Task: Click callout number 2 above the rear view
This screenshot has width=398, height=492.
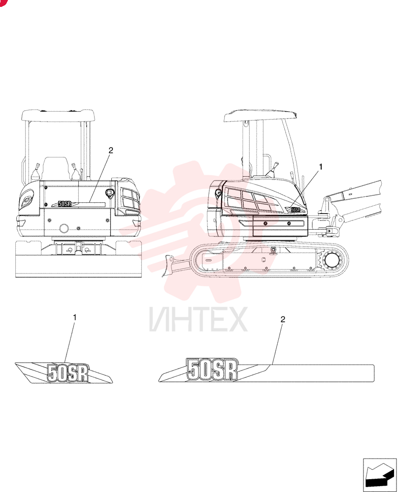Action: [110, 150]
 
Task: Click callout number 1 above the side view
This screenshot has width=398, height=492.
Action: [321, 167]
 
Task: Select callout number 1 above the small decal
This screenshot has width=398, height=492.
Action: [75, 317]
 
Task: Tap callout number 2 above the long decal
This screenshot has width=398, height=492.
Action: [283, 319]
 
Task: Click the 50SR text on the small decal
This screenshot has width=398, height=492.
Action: [68, 373]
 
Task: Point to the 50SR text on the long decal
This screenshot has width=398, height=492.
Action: [212, 369]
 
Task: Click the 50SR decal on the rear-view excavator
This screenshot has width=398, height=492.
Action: [65, 204]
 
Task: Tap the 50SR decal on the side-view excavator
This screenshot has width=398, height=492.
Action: [295, 209]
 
